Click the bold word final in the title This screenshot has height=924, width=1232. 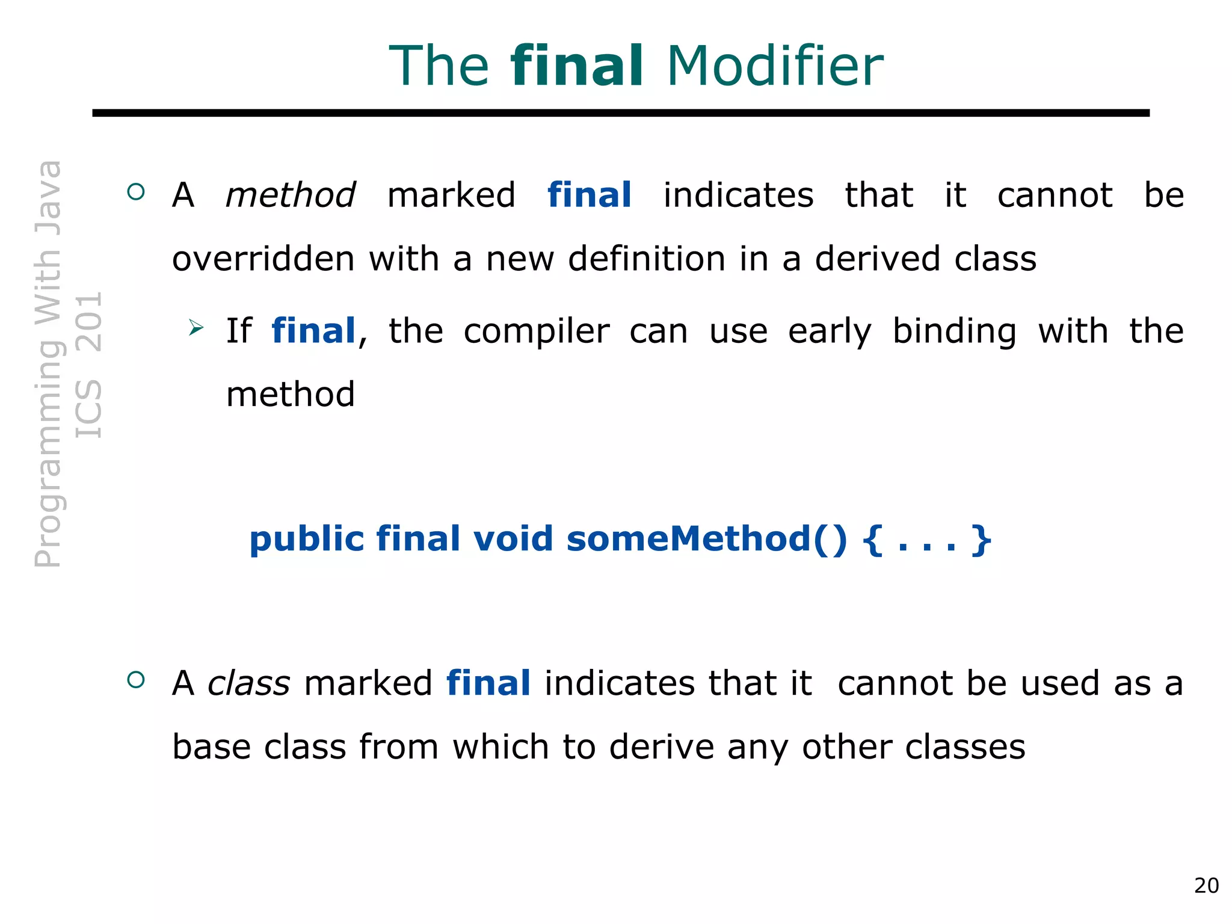(577, 66)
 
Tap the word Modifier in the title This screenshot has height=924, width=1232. (775, 66)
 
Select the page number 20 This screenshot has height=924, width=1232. (1206, 885)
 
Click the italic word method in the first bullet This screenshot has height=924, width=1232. (290, 196)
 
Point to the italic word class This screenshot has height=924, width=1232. (248, 684)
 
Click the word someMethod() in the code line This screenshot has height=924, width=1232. (706, 538)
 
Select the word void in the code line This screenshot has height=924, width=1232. (513, 538)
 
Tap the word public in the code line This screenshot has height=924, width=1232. (307, 540)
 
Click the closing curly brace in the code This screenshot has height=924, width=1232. (981, 540)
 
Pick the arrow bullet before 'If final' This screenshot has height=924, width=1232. (196, 328)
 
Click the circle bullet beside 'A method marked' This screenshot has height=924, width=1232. (137, 192)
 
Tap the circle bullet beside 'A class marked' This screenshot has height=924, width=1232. (137, 680)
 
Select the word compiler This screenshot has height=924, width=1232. (536, 332)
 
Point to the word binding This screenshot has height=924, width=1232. (954, 332)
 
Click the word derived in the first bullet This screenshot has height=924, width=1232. (877, 259)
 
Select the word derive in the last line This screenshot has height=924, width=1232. (661, 747)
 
